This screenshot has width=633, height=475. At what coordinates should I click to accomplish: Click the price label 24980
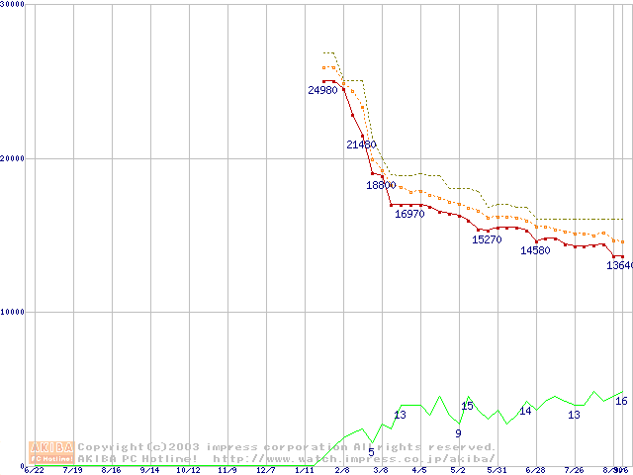click(x=322, y=90)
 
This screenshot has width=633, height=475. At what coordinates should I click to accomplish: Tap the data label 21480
click(x=361, y=144)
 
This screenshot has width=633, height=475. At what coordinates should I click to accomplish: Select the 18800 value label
click(x=381, y=185)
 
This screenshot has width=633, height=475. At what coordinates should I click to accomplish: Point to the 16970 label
click(x=409, y=214)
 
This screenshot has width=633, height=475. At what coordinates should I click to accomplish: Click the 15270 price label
click(x=487, y=239)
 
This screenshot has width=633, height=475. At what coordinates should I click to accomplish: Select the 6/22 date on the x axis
click(x=34, y=471)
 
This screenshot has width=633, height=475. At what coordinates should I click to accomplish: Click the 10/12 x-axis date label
click(x=188, y=471)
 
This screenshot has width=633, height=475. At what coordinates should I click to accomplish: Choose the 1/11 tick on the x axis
click(x=305, y=471)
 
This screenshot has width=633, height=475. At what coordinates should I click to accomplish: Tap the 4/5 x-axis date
click(x=419, y=471)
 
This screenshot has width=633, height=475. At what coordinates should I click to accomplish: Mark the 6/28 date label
click(x=535, y=471)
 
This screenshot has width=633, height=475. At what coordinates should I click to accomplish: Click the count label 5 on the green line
click(x=371, y=452)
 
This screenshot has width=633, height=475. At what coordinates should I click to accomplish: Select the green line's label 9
click(x=458, y=433)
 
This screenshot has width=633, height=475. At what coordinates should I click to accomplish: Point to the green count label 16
click(x=621, y=401)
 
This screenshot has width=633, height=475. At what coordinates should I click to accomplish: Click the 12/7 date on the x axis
click(x=266, y=471)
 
